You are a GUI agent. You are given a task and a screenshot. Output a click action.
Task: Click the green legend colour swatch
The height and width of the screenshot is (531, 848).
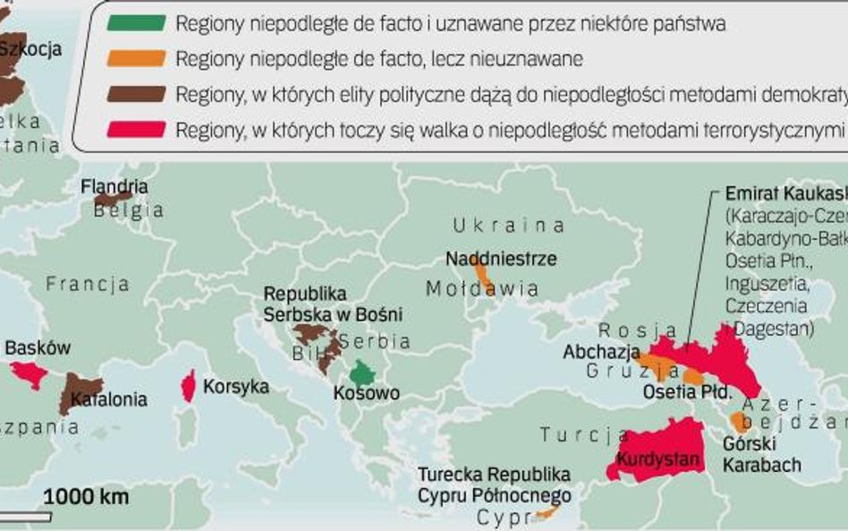(135, 23)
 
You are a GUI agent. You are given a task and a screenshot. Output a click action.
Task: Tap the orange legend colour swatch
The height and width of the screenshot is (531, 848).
(135, 58)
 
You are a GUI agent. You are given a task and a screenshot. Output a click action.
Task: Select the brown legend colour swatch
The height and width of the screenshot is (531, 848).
(135, 94)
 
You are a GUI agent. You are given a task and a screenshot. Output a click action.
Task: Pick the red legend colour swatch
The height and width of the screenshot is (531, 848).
(135, 129)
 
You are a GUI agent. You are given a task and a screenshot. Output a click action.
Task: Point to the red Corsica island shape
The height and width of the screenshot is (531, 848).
(189, 386)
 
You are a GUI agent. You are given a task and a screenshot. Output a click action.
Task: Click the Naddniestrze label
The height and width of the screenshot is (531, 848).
(501, 259)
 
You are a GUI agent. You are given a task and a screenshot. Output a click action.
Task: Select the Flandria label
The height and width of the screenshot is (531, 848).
(114, 187)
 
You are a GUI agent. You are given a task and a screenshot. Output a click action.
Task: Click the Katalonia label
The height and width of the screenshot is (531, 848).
(109, 399)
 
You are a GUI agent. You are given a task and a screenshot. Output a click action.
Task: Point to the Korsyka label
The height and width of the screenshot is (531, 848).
(236, 387)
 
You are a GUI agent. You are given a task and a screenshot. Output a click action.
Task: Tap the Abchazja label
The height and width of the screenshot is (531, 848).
(601, 352)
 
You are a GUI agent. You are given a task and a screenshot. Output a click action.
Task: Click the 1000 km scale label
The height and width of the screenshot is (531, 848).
(86, 496)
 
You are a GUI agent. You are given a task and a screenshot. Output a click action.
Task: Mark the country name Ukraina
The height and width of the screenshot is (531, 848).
(508, 225)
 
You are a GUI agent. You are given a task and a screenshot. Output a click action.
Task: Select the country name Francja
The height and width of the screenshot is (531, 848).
(88, 285)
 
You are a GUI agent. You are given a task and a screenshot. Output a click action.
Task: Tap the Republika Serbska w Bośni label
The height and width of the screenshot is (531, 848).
(333, 304)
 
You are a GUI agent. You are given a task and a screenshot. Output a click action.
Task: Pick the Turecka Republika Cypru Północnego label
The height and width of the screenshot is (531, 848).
(494, 484)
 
